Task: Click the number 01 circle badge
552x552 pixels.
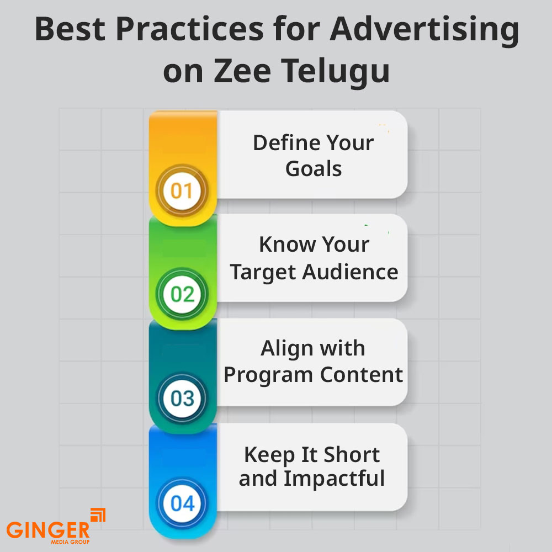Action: [x=182, y=190]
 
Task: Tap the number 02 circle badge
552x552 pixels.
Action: [x=182, y=294]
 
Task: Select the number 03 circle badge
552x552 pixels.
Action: [x=182, y=398]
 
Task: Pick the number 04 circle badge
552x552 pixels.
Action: [x=182, y=503]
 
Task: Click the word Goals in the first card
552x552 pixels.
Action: [x=314, y=168]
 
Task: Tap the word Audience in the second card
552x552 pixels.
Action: [x=351, y=272]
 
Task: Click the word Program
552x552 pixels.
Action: [x=268, y=375]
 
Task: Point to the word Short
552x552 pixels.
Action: [x=352, y=454]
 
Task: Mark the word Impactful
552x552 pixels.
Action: [x=334, y=479]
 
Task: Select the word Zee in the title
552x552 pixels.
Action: [x=242, y=71]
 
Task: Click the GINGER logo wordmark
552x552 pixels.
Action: [x=48, y=530]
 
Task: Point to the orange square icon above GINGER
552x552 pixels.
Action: [x=98, y=514]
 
